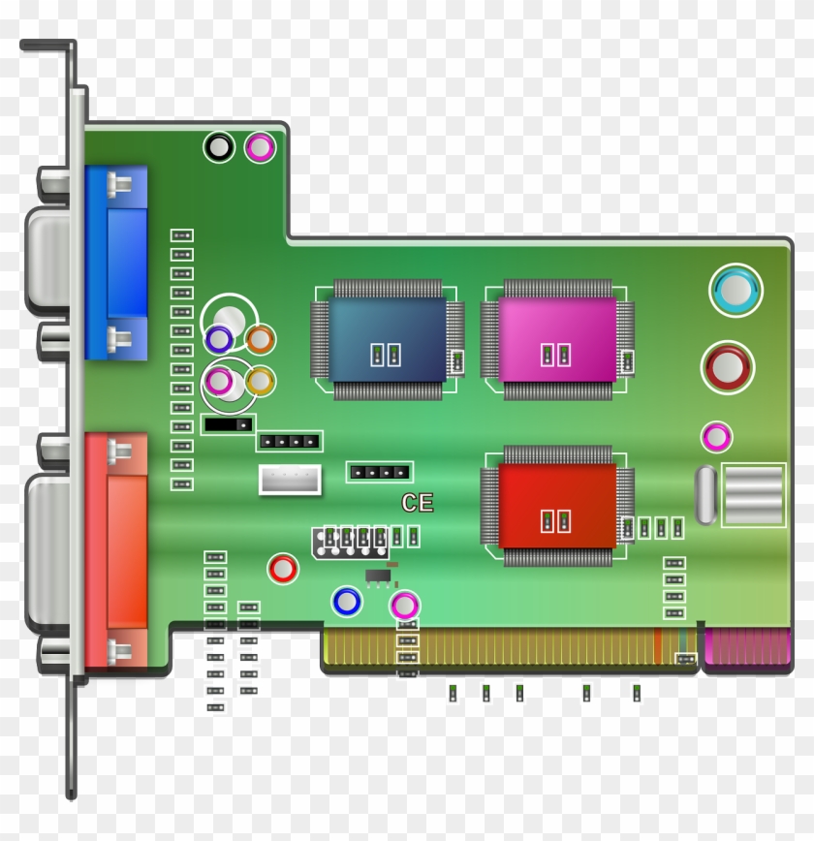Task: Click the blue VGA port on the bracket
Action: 116,262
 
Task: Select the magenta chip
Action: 556,338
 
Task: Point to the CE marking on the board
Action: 418,503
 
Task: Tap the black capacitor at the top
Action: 220,147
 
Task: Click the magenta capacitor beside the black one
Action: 260,147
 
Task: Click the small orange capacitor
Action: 260,339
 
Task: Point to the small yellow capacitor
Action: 259,382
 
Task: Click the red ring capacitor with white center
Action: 283,568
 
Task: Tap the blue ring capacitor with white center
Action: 346,602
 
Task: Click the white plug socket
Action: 290,480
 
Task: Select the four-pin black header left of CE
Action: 379,472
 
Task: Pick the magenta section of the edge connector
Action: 746,647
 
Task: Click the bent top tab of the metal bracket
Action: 47,46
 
